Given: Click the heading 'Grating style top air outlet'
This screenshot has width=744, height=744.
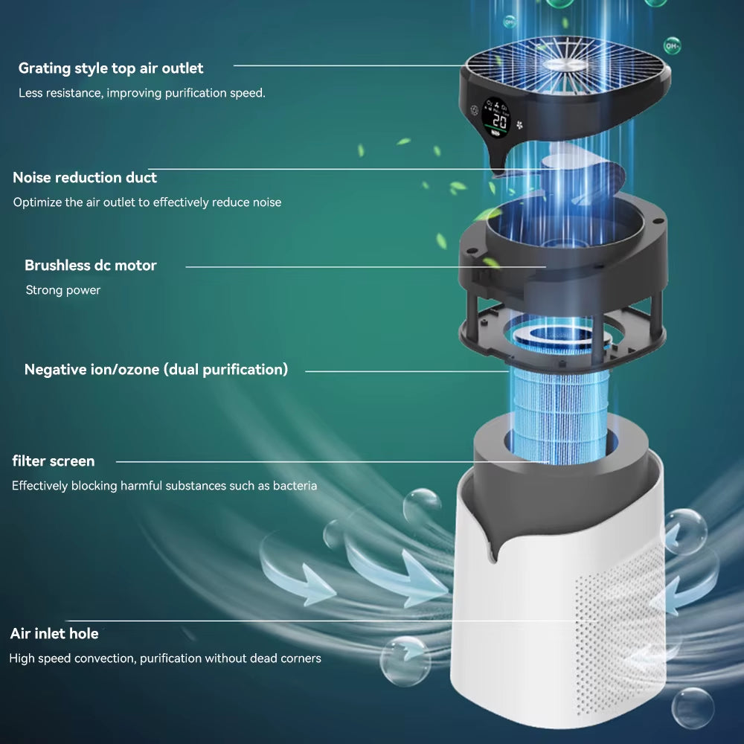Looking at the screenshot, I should tap(111, 68).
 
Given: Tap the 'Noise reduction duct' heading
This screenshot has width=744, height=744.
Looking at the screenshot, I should tap(85, 178).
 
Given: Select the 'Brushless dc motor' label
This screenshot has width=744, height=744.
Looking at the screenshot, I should tap(91, 266).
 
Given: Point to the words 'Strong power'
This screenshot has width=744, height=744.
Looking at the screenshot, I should tap(63, 290).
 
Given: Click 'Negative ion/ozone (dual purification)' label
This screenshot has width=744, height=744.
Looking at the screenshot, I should tap(156, 370).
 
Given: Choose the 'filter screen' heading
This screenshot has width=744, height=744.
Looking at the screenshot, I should tap(54, 461).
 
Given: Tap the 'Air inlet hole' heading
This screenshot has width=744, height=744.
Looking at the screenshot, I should tap(54, 634).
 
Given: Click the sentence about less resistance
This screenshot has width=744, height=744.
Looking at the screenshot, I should tap(141, 94).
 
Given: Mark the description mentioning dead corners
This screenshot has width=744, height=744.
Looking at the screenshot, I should tap(165, 658).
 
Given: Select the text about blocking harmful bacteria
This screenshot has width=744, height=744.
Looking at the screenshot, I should tap(164, 486).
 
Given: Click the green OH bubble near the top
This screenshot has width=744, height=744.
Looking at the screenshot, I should tap(672, 45).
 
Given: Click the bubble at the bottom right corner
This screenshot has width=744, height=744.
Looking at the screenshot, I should tap(692, 708).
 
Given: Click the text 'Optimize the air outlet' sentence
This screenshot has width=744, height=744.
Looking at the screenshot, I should tap(147, 202).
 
